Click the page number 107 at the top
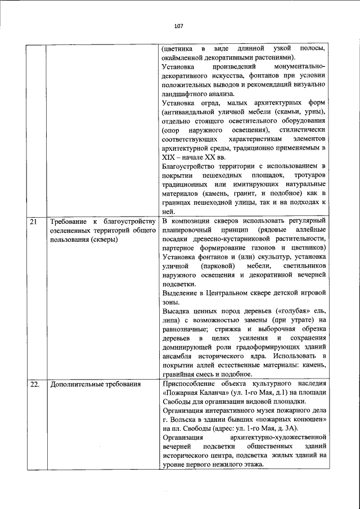179,26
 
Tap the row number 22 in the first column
35,385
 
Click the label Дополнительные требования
94,385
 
